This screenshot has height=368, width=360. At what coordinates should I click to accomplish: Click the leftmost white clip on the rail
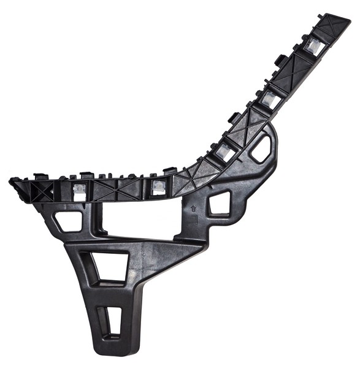(79, 190)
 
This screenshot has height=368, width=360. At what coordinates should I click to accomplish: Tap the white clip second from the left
(158, 186)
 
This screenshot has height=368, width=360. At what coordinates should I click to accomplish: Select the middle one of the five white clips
(225, 151)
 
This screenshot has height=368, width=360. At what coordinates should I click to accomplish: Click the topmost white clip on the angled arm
(313, 45)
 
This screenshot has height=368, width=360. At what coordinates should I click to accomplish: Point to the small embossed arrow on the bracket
(194, 209)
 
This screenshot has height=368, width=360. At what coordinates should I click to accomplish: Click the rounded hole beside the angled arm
(262, 148)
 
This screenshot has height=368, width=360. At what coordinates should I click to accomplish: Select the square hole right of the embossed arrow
(220, 203)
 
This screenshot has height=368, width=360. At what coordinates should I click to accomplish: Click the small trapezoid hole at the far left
(68, 220)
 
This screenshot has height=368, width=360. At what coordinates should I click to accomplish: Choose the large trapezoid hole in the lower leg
(110, 267)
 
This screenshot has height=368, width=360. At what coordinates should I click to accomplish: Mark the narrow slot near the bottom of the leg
(112, 320)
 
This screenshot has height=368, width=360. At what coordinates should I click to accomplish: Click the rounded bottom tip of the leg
(110, 350)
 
